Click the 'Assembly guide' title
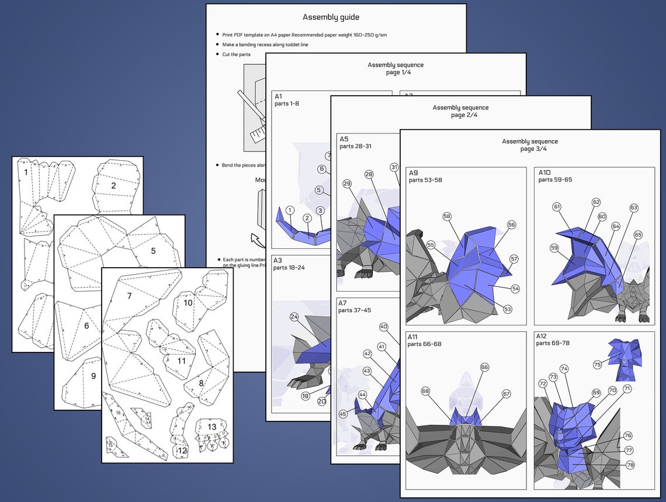point(331,18)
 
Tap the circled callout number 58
point(447,216)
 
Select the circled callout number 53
point(507,309)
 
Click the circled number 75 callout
point(597,364)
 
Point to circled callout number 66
point(484,367)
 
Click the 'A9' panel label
point(414,173)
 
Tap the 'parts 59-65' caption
point(555,180)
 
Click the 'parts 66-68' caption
point(425,344)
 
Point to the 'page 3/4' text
point(529,149)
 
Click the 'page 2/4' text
point(464,115)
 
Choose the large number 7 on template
point(129,296)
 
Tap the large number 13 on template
point(211,427)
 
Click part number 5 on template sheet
point(153,251)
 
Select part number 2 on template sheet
point(113,186)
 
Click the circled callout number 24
point(294,317)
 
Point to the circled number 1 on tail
point(290,210)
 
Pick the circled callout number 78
point(630,465)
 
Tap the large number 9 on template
point(93,376)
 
